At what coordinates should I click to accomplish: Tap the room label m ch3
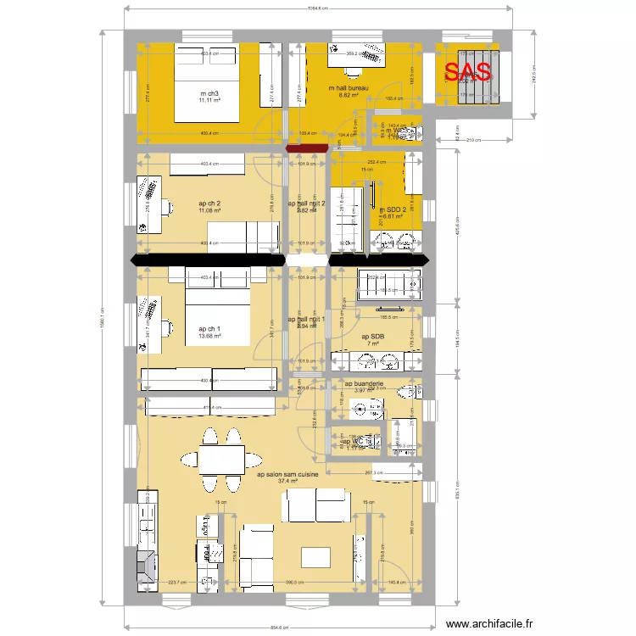(x=210, y=93)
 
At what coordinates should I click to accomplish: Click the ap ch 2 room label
(x=209, y=204)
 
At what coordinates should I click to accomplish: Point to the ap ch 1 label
(x=209, y=329)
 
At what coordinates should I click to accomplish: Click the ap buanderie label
(x=364, y=383)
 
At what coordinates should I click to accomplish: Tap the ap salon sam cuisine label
(x=287, y=475)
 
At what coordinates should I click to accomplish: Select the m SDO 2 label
(x=392, y=209)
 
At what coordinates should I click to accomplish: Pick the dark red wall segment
(x=307, y=149)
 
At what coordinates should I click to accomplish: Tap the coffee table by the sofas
(x=315, y=555)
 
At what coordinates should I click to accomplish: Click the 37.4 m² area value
(x=287, y=483)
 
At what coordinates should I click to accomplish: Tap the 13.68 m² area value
(x=209, y=337)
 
